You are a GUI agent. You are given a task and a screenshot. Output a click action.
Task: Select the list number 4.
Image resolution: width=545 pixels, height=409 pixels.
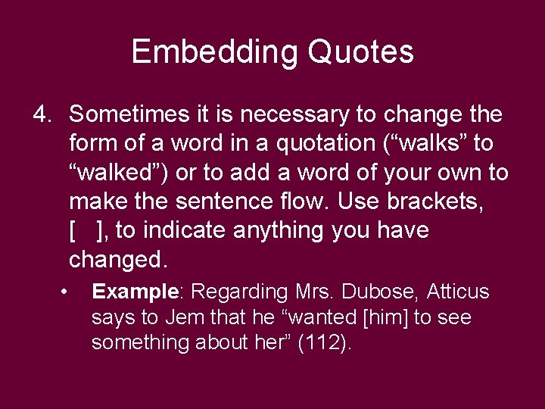41,115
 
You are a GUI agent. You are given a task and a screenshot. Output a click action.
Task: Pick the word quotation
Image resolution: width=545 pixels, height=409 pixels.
308,144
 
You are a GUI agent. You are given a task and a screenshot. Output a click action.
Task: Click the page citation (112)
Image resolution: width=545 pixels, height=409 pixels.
324,343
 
